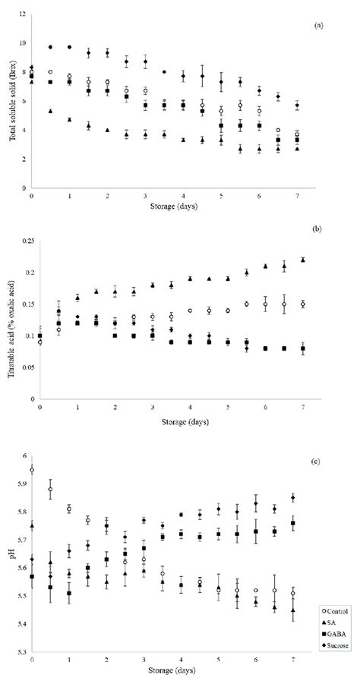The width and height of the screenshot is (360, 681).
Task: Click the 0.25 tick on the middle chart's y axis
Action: (x=22, y=241)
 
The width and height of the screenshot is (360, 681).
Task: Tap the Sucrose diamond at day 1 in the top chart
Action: (x=69, y=47)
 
